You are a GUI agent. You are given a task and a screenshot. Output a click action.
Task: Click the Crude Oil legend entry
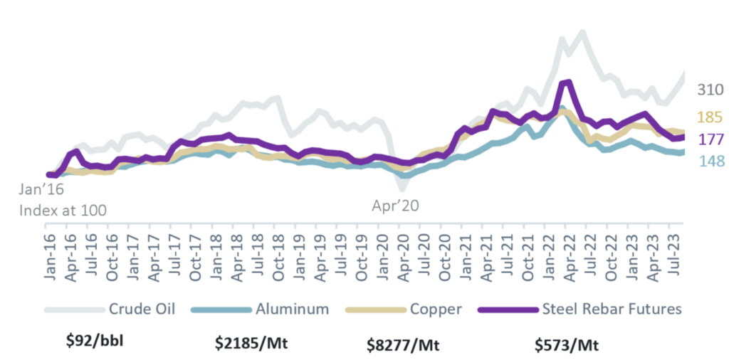(110, 309)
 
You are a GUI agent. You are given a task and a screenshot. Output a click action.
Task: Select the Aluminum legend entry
(256, 309)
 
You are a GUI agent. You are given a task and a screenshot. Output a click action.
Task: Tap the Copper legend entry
(404, 309)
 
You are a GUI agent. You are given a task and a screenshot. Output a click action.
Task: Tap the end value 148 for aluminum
(711, 161)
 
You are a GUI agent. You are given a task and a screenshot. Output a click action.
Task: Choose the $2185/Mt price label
(251, 344)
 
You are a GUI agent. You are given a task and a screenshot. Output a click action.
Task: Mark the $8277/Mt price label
(403, 345)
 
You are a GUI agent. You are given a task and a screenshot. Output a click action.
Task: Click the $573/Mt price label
(566, 344)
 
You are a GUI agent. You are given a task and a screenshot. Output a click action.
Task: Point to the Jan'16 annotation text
(41, 190)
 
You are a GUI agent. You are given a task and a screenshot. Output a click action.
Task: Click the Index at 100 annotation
(63, 211)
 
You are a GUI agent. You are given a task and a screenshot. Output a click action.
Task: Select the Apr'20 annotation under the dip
(395, 206)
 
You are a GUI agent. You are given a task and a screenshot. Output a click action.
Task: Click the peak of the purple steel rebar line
(568, 83)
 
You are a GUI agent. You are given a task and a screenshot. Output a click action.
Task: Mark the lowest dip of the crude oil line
(402, 189)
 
